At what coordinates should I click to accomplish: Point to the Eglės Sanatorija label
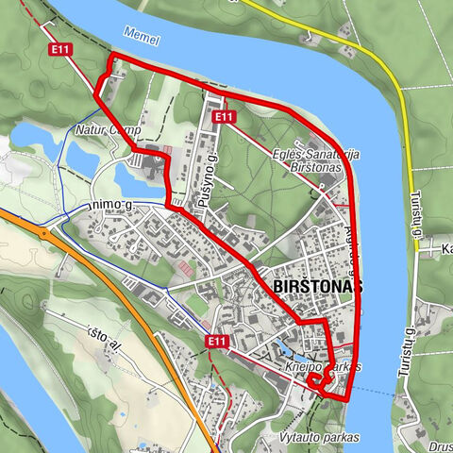[310, 154]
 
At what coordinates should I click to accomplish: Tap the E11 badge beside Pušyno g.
[223, 116]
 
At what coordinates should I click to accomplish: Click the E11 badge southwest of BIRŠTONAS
[216, 341]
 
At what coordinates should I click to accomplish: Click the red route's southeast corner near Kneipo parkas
[347, 399]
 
